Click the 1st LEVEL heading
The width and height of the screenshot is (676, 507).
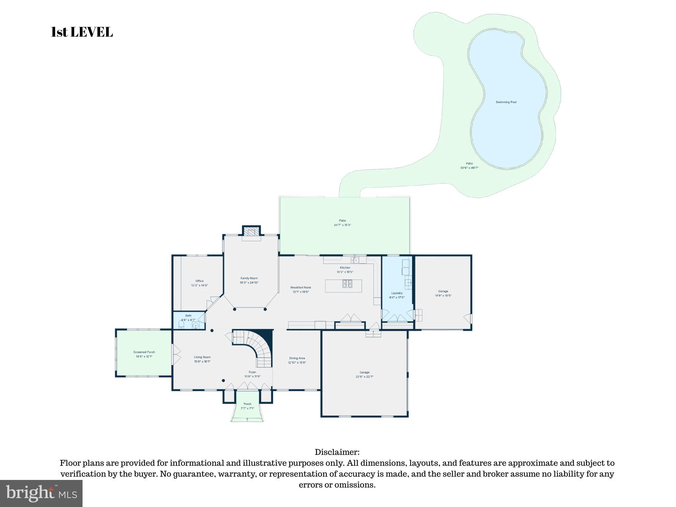(x=82, y=32)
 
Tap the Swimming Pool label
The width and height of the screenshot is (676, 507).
(x=506, y=102)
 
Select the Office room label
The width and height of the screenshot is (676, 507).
(x=199, y=283)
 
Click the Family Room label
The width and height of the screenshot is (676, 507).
(x=249, y=280)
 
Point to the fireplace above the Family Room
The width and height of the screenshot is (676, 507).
(x=252, y=232)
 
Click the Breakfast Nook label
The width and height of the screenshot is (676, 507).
(x=301, y=289)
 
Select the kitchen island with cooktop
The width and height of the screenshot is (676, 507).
(x=343, y=286)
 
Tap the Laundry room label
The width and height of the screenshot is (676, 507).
(x=397, y=295)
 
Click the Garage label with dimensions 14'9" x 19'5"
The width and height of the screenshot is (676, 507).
(x=443, y=293)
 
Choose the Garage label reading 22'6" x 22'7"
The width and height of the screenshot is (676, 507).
(x=364, y=374)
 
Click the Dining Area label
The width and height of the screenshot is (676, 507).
(x=297, y=360)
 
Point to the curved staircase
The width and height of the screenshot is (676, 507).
(x=259, y=348)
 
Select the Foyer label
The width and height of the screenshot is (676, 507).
(x=253, y=374)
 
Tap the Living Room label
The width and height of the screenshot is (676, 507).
(x=202, y=359)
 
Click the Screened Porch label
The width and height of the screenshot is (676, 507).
(x=144, y=354)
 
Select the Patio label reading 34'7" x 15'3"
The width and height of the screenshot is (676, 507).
(x=342, y=223)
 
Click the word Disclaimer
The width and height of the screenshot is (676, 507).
(x=337, y=452)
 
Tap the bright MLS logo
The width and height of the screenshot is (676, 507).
(x=41, y=493)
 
